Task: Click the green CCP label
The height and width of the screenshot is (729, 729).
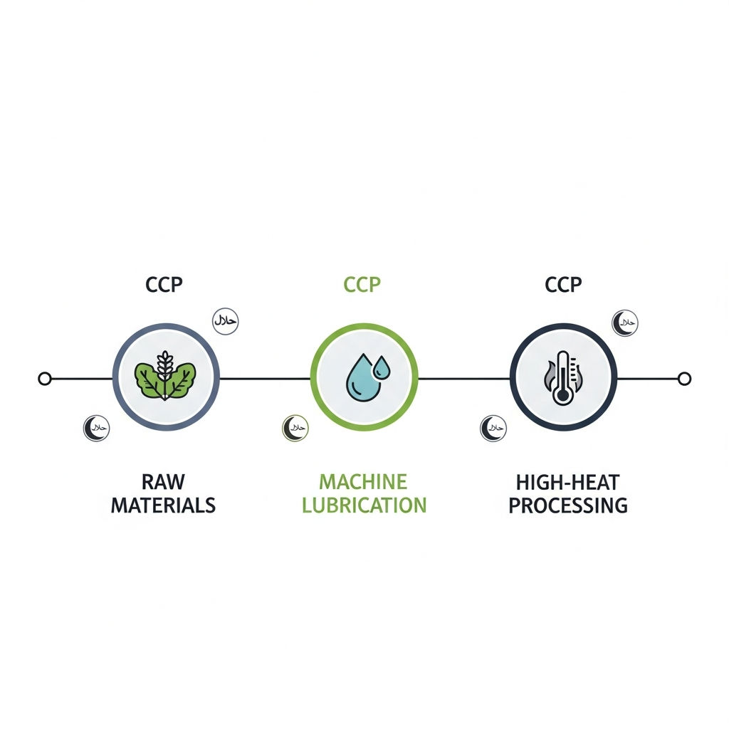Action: pyautogui.click(x=362, y=284)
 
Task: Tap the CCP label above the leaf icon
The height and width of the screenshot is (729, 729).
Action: pyautogui.click(x=164, y=285)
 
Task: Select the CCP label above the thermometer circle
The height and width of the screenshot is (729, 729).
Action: pyautogui.click(x=563, y=285)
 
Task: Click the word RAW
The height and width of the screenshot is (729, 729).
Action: pyautogui.click(x=163, y=482)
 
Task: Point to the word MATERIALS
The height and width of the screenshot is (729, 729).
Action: pyautogui.click(x=163, y=505)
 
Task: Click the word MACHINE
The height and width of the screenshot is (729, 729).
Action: pyautogui.click(x=363, y=482)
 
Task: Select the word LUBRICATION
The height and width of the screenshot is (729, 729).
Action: pyautogui.click(x=364, y=505)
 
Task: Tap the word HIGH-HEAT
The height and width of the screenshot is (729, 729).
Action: pyautogui.click(x=567, y=482)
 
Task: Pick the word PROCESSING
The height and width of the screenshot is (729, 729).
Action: pyautogui.click(x=567, y=505)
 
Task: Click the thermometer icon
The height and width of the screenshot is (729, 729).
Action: pyautogui.click(x=562, y=377)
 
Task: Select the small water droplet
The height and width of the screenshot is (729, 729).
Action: pyautogui.click(x=382, y=368)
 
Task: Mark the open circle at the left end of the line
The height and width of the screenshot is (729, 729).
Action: pyautogui.click(x=45, y=379)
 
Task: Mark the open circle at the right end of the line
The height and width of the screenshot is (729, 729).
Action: pyautogui.click(x=684, y=379)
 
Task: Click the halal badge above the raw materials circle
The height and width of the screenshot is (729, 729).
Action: pyautogui.click(x=226, y=321)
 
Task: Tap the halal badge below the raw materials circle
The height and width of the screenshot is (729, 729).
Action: pyautogui.click(x=97, y=428)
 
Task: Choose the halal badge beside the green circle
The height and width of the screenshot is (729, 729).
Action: pyautogui.click(x=295, y=428)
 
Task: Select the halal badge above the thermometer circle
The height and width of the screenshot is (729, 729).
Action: pyautogui.click(x=625, y=323)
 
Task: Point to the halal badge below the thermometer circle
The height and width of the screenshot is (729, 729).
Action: pyautogui.click(x=493, y=428)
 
